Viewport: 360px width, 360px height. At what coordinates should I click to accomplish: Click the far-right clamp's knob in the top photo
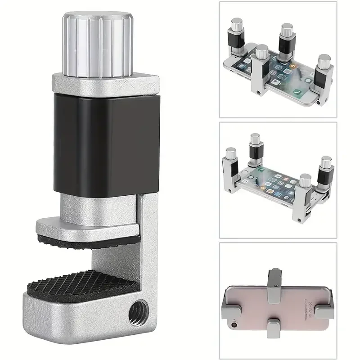click(x=323, y=61)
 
